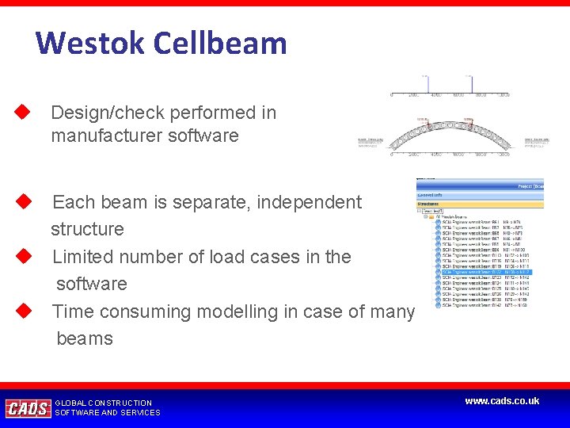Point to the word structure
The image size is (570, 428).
click(87, 229)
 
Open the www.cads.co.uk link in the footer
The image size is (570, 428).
click(502, 401)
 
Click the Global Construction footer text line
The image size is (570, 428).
click(103, 403)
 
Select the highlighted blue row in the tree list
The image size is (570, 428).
click(482, 272)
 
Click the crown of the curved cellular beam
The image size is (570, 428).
click(448, 124)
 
